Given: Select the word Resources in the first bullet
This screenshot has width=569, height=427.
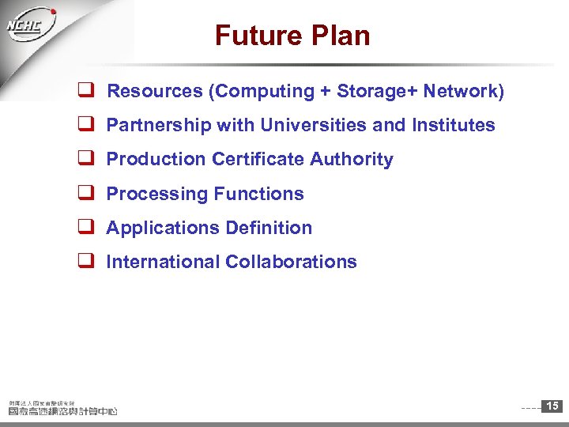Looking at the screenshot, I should (155, 91).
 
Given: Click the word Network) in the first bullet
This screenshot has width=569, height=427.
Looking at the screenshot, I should (463, 91).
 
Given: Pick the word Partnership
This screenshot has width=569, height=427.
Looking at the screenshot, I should (153, 125).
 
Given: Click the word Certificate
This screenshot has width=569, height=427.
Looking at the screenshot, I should (258, 159).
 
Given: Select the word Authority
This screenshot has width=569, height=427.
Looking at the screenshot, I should (352, 159).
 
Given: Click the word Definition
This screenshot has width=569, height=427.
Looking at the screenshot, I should (269, 228).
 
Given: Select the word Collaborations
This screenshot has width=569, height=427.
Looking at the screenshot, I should (292, 262).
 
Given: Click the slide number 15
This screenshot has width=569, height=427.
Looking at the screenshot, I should (552, 406).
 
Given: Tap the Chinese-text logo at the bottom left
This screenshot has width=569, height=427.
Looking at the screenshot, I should (62, 407).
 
